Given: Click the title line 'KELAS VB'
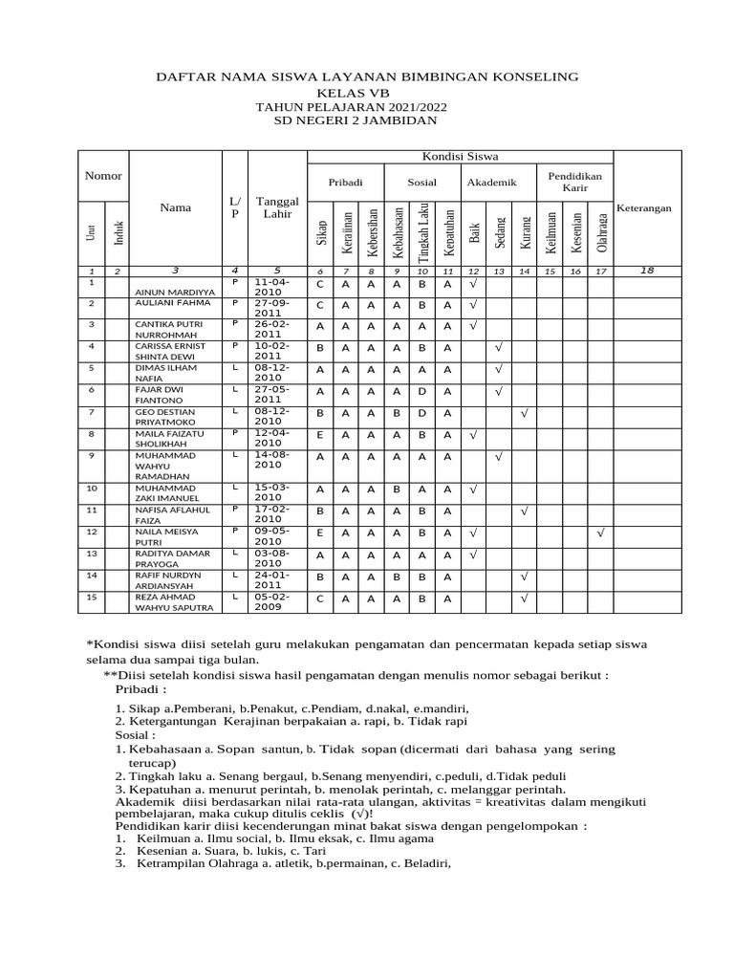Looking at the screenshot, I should point(367,92).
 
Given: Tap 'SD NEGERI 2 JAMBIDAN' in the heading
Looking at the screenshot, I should point(367,120).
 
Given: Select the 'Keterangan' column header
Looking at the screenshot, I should point(645,207).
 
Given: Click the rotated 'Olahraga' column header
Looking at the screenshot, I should point(600,232).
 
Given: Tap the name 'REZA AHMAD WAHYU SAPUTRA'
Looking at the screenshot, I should point(172,600).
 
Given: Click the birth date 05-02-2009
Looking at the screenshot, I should point(271,600).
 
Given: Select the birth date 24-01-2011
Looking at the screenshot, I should point(271,579).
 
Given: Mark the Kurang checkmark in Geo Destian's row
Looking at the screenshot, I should point(524,414).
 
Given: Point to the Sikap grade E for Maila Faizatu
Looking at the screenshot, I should point(320,434).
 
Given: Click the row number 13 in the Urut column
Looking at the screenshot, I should point(92,553).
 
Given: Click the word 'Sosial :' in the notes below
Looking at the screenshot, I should point(136,736).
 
